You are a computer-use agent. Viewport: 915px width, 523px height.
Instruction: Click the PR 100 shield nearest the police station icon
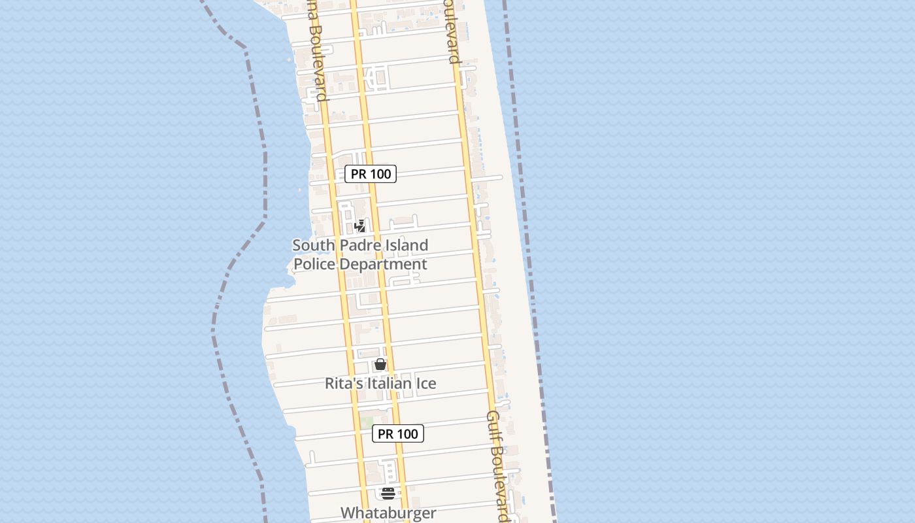click(x=371, y=174)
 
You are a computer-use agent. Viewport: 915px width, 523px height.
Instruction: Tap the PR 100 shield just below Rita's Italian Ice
click(x=398, y=433)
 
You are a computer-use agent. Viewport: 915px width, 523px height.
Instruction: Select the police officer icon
click(x=359, y=226)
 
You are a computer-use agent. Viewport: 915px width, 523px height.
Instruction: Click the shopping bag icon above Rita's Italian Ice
click(x=380, y=364)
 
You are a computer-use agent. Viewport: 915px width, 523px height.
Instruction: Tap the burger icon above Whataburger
click(x=388, y=493)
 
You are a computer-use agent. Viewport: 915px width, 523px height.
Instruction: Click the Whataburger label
click(x=388, y=513)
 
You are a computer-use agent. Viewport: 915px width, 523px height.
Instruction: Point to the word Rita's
click(x=344, y=383)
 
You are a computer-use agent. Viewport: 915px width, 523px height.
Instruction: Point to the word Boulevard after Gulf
click(x=501, y=484)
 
